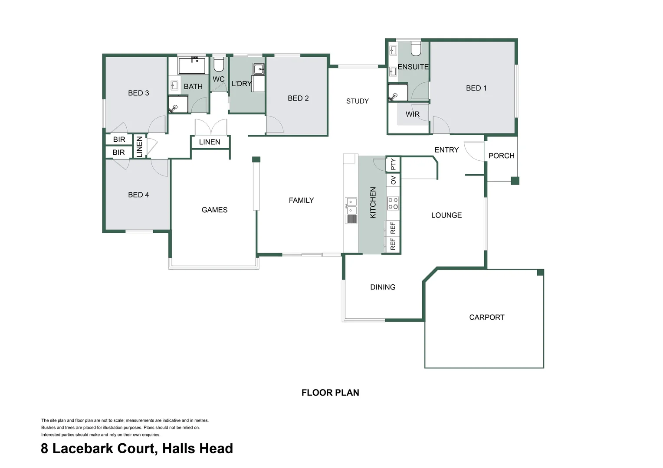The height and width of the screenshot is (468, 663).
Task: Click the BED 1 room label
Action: click(476, 88)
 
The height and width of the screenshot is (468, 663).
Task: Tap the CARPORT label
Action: click(486, 317)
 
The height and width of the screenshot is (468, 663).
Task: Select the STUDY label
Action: click(357, 101)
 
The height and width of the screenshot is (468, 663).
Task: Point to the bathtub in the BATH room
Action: click(192, 65)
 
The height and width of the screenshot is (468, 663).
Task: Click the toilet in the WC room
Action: click(219, 65)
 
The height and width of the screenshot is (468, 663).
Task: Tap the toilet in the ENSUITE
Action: click(416, 49)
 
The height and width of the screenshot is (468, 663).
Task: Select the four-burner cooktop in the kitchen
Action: click(393, 203)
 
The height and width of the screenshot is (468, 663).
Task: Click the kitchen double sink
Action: click(351, 206)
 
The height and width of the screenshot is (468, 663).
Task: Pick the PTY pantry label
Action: click(393, 164)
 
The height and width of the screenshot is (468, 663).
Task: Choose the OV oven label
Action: click(393, 180)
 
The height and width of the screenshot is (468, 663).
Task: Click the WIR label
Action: click(412, 114)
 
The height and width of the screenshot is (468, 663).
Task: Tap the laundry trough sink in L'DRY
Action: click(259, 69)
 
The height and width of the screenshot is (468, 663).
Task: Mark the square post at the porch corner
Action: click(515, 181)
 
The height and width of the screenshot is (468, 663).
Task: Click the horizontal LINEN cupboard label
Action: click(210, 142)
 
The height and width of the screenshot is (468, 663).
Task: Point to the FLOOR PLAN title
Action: click(330, 393)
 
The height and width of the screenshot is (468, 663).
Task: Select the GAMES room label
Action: click(214, 210)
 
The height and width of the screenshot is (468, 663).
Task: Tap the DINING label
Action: click(383, 287)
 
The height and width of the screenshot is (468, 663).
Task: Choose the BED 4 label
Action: click(138, 195)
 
